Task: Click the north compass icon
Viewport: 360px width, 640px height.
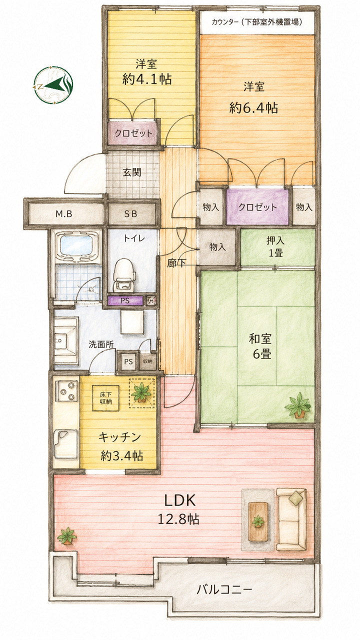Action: pyautogui.click(x=53, y=85)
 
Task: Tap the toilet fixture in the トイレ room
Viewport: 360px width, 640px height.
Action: pyautogui.click(x=123, y=275)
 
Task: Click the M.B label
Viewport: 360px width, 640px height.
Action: pyautogui.click(x=63, y=213)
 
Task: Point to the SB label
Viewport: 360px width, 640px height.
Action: pyautogui.click(x=130, y=213)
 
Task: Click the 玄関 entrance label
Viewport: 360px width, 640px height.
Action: pyautogui.click(x=132, y=172)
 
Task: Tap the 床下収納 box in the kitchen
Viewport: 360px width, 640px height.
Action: pyautogui.click(x=105, y=398)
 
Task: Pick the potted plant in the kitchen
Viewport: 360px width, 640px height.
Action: pyautogui.click(x=141, y=393)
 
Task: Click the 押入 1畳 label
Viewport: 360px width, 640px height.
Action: pyautogui.click(x=275, y=246)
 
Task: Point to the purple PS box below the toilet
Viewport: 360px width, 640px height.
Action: pyautogui.click(x=125, y=300)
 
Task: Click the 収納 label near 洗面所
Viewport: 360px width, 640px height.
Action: pyautogui.click(x=147, y=361)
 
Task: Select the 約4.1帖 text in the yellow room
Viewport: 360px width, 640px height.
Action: pyautogui.click(x=147, y=79)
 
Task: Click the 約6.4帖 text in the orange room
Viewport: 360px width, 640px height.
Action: pyautogui.click(x=253, y=108)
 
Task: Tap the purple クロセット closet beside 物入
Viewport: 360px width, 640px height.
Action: pyautogui.click(x=257, y=206)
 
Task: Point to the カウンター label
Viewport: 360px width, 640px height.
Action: pyautogui.click(x=225, y=22)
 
